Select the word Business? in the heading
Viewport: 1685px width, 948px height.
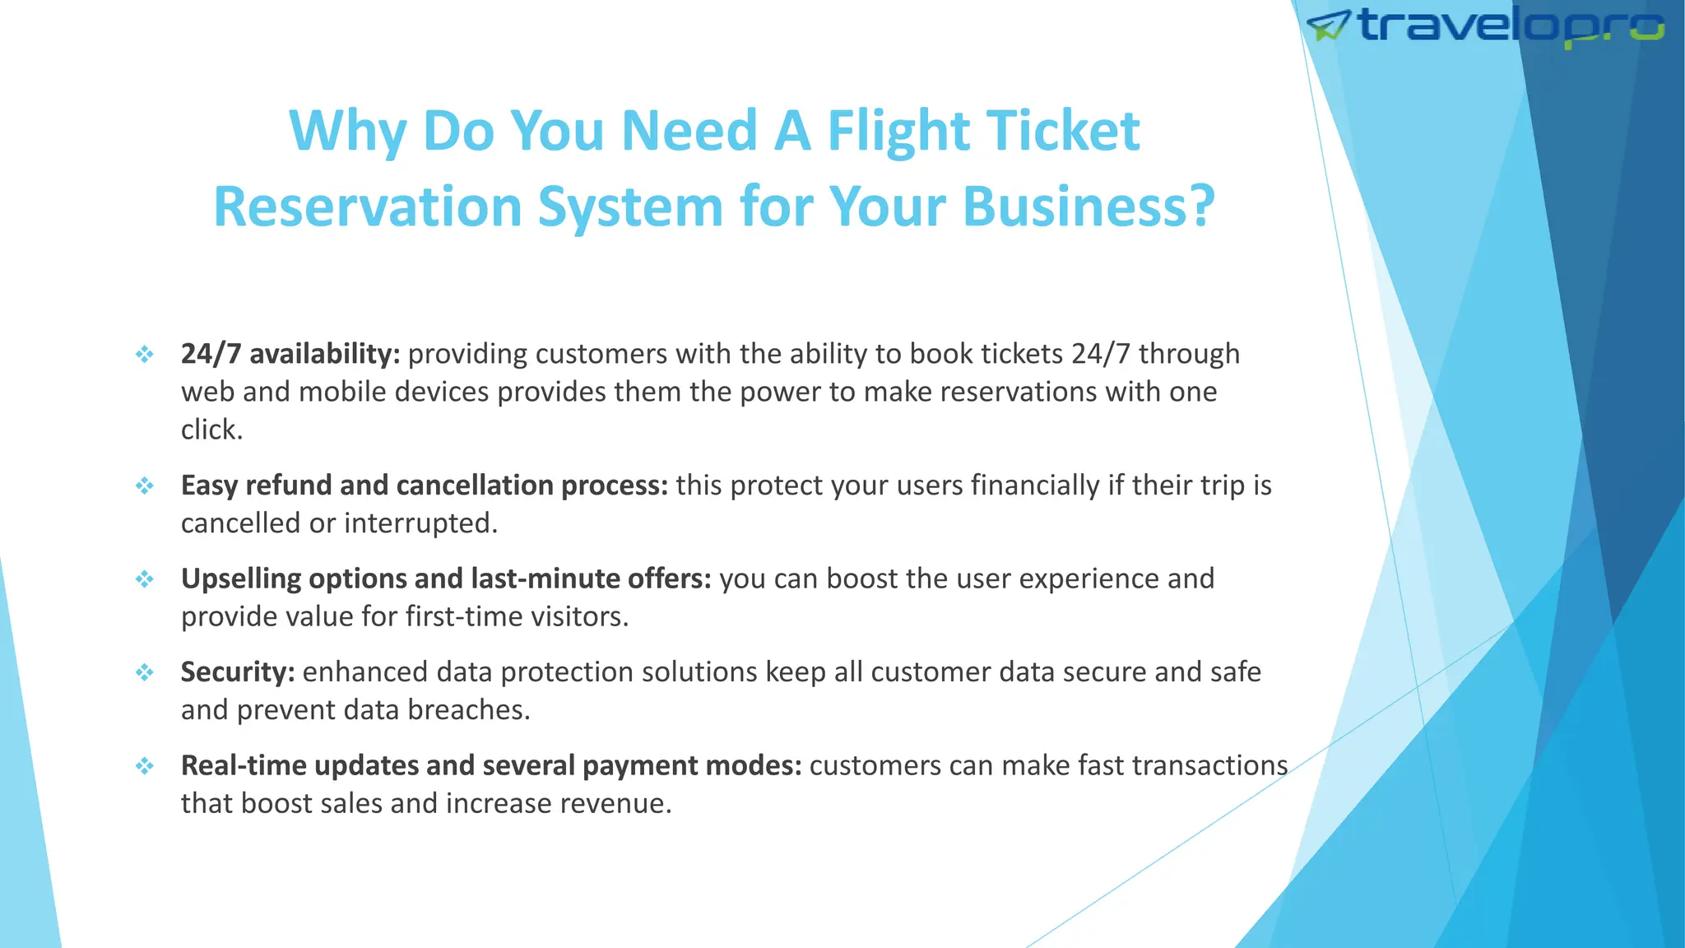click(x=1089, y=207)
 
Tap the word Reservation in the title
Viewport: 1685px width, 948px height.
click(x=368, y=207)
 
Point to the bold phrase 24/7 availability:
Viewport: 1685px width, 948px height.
click(x=290, y=354)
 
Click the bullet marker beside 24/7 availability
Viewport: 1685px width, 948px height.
click(x=145, y=355)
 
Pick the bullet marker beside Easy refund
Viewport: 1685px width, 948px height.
click(x=145, y=486)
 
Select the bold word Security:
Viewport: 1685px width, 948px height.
click(x=238, y=672)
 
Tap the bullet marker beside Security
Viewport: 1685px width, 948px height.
click(x=145, y=673)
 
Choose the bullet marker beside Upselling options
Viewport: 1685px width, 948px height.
click(x=145, y=579)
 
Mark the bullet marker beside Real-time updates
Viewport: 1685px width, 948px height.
click(x=145, y=766)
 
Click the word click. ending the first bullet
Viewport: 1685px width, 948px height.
click(x=211, y=430)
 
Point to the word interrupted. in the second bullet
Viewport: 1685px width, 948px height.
click(x=420, y=523)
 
